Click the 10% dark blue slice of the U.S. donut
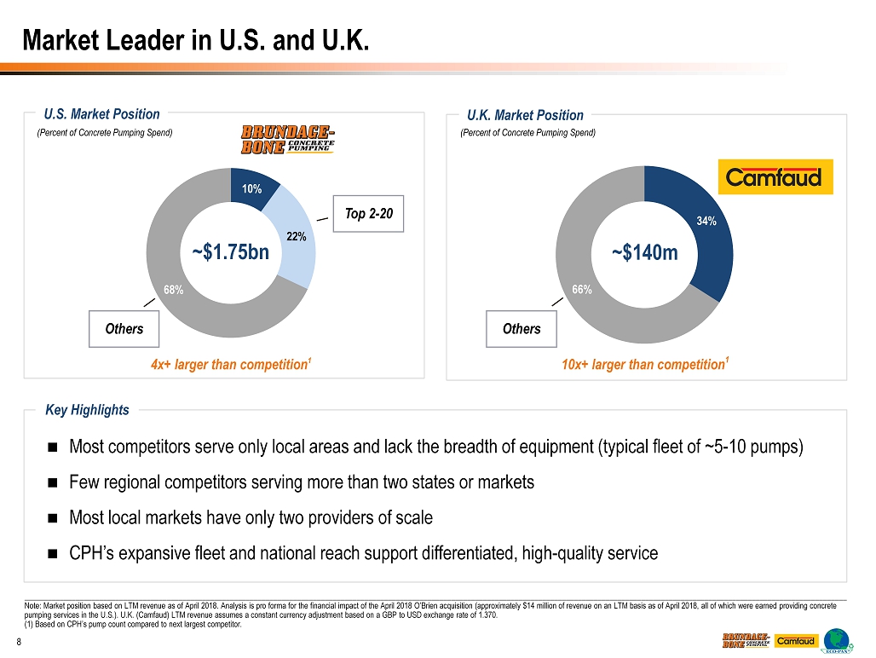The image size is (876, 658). [x=253, y=187]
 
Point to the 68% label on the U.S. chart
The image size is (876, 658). [x=174, y=290]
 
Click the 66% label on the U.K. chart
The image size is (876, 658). [x=582, y=290]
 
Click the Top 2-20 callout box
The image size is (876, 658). [x=369, y=213]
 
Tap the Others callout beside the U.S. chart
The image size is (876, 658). [x=124, y=329]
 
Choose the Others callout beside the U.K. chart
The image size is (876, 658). [x=521, y=329]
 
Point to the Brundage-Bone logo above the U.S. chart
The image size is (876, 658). [x=287, y=140]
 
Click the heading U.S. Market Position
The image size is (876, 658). [x=102, y=114]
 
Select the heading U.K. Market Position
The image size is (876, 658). [x=525, y=115]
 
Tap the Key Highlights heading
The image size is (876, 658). [x=88, y=410]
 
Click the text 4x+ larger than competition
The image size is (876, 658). [x=228, y=365]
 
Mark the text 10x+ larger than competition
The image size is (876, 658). [x=643, y=365]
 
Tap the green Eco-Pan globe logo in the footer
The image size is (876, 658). [x=839, y=641]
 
